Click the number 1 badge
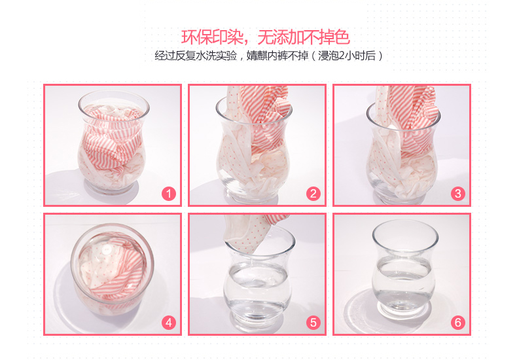168,194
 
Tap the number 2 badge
313,194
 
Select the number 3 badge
458,194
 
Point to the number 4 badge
168,323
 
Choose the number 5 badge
313,323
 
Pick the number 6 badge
458,323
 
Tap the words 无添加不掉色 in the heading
304,37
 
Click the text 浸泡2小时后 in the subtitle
347,56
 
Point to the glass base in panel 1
111,187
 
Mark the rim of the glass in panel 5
260,242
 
